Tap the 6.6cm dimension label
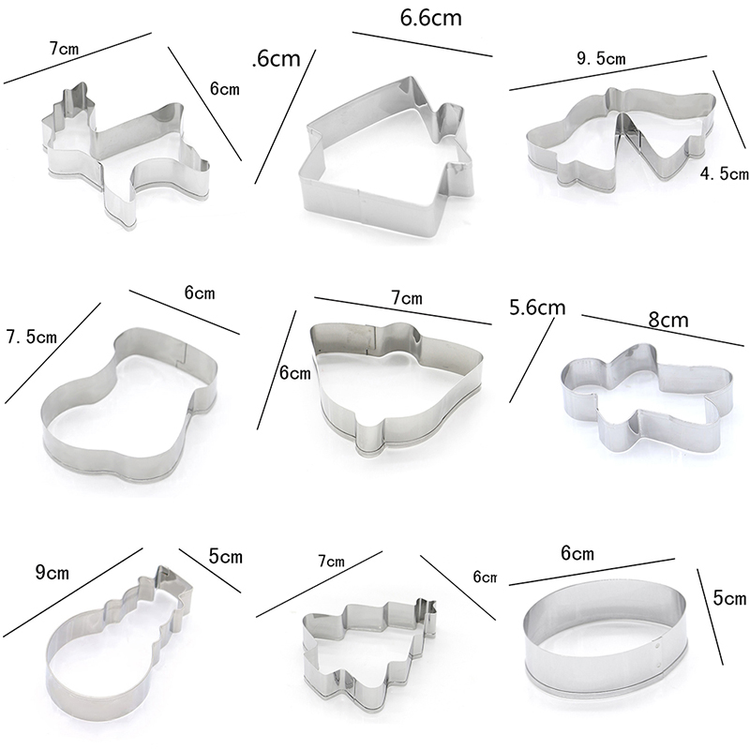pos(431,18)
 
